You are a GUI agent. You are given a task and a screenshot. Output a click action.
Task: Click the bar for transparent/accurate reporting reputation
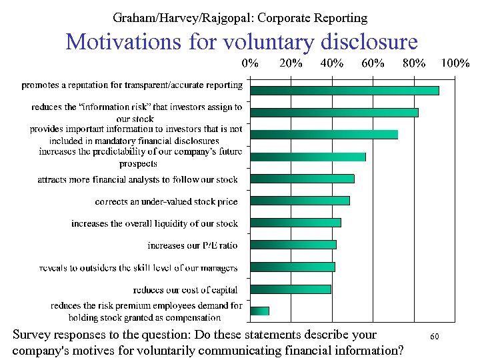pos(344,91)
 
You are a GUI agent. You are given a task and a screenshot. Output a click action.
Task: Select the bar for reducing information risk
pos(334,112)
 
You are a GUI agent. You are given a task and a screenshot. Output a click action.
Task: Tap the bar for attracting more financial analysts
pos(302,179)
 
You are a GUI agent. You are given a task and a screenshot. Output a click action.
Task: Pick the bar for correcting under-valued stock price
pos(299,201)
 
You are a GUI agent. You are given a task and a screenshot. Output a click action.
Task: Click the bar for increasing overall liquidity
pos(295,223)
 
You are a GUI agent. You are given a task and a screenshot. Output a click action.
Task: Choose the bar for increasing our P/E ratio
pos(293,245)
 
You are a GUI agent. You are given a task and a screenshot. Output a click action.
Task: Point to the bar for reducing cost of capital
pos(290,289)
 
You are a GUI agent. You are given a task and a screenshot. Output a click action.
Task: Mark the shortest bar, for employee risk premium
pos(259,311)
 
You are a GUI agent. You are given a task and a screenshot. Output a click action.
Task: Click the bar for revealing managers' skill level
pos(292,267)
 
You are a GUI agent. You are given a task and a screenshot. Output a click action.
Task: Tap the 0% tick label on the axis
pos(250,64)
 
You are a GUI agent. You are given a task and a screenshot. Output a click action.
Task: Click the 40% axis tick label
pos(331,64)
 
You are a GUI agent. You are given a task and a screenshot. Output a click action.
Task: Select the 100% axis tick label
pos(455,64)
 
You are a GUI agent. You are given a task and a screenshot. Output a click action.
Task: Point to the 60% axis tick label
pos(373,64)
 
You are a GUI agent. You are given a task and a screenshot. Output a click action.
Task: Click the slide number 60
pos(434,337)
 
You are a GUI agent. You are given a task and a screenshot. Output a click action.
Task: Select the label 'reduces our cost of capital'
pos(185,289)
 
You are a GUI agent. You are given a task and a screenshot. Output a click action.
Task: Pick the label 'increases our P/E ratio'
pos(192,245)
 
